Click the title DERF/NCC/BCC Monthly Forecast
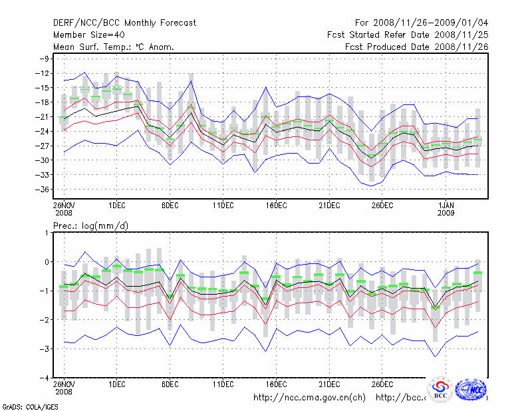pos(124,23)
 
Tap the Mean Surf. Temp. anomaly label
pos(114,47)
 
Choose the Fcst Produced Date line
pos(416,47)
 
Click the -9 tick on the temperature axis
pos(45,59)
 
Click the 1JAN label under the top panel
pos(447,205)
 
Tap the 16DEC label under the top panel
pos(276,205)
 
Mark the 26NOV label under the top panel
pos(64,205)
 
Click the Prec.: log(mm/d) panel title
pos(91,226)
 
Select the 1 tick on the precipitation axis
pos(47,233)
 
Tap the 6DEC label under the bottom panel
pos(170,384)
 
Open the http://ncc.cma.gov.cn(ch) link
pos(309,398)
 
